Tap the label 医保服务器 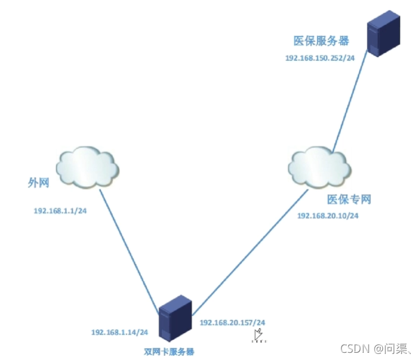pos(321,41)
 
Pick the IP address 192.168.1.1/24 pos(60,210)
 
